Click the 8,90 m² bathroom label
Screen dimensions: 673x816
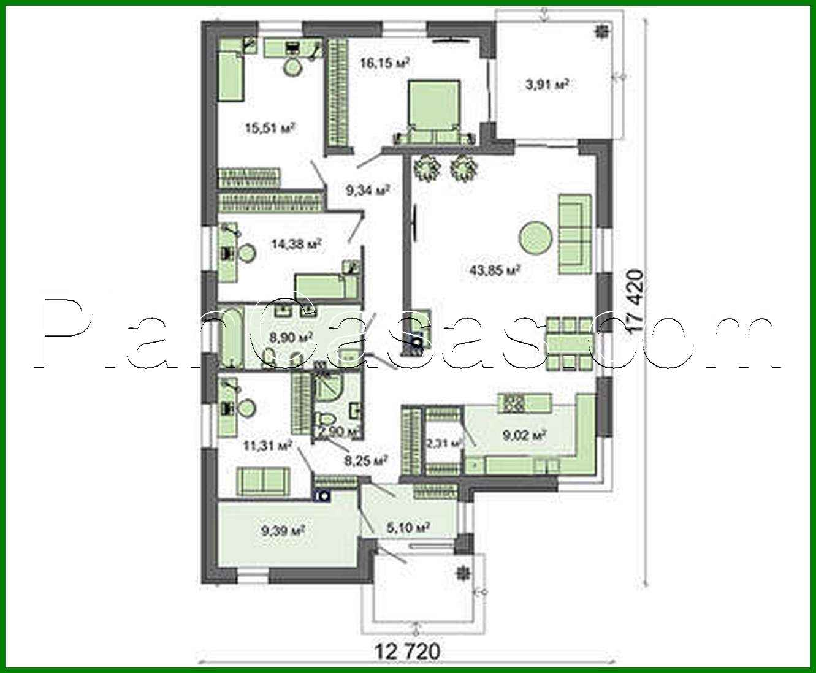[x=291, y=336]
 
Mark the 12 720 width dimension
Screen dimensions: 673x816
[x=407, y=652]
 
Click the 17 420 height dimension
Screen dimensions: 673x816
[x=636, y=301]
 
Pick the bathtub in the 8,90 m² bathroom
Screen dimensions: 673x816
[x=232, y=338]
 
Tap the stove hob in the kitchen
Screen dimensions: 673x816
[x=511, y=403]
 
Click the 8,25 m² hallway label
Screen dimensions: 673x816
[x=367, y=460]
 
